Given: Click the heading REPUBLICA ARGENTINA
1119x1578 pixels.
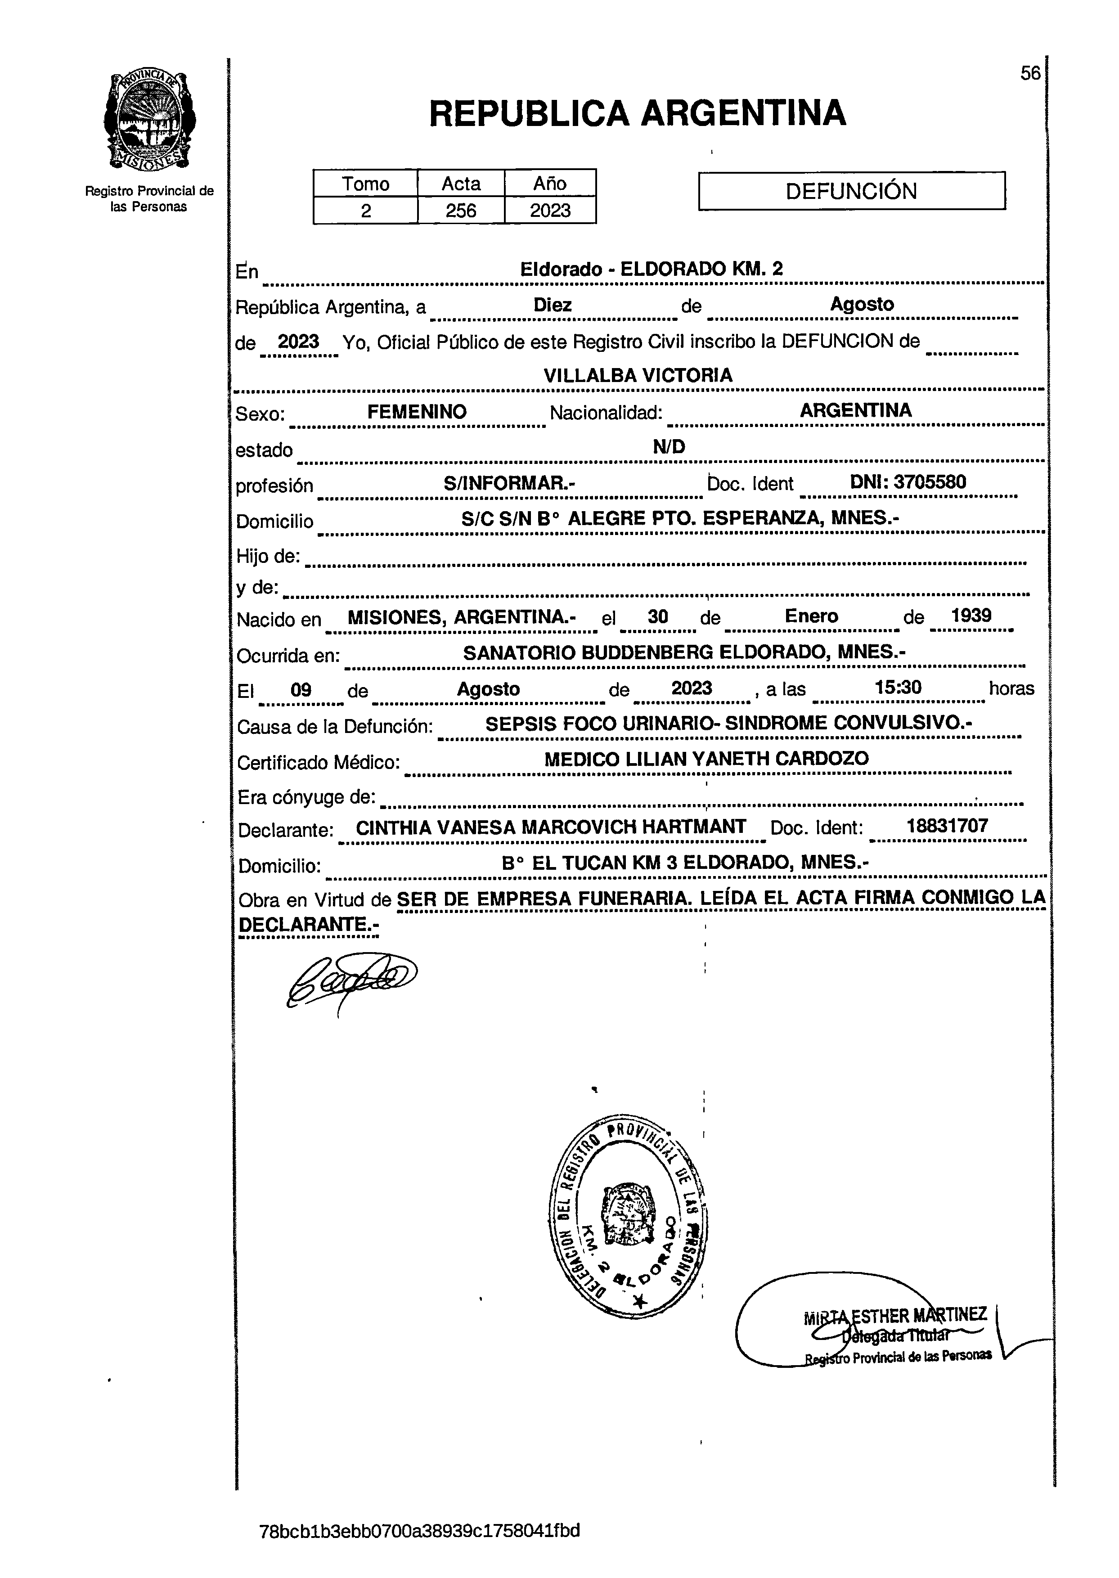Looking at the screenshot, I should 638,114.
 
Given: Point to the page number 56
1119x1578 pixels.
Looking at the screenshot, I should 1029,73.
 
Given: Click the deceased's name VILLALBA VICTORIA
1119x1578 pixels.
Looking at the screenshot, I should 638,376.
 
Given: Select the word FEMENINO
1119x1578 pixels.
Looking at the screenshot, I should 416,412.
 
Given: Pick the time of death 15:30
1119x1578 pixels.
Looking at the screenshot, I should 897,687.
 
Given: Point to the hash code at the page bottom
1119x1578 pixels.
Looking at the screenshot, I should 419,1530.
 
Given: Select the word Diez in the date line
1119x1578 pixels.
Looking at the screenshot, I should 552,305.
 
